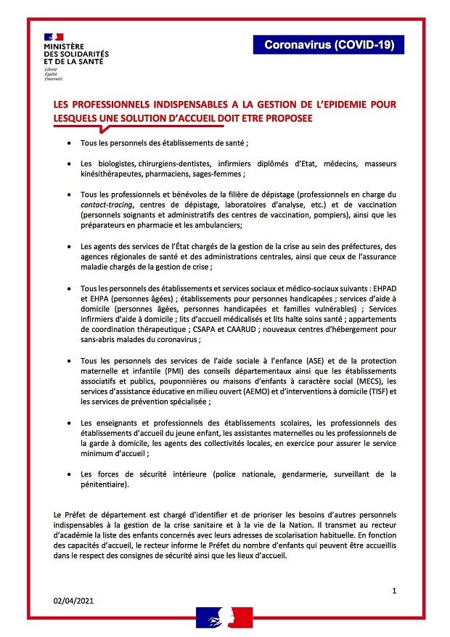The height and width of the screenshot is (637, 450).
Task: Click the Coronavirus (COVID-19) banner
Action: (x=329, y=45)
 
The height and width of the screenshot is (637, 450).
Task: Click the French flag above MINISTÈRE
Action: (x=54, y=36)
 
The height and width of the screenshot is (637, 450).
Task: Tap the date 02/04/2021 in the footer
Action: (x=73, y=601)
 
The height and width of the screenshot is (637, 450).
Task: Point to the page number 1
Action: (x=394, y=591)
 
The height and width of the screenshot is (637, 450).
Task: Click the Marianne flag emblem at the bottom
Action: (x=224, y=618)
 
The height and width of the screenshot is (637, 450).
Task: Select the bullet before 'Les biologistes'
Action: (x=69, y=164)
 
